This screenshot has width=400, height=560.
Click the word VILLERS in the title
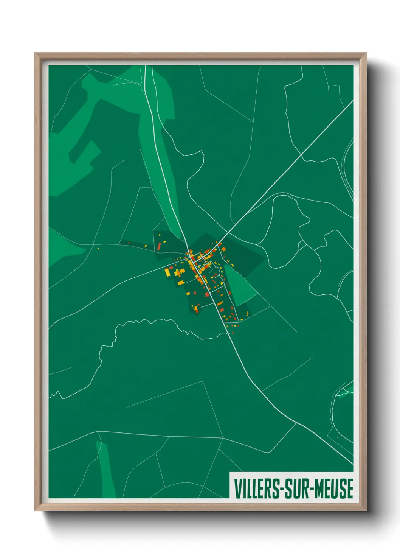pyautogui.click(x=256, y=488)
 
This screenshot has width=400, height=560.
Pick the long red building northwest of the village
pyautogui.click(x=159, y=246)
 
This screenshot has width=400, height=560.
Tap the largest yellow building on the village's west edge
pyautogui.click(x=167, y=272)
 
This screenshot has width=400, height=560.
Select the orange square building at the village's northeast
pyautogui.click(x=224, y=249)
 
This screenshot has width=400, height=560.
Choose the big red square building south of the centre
pyautogui.click(x=207, y=294)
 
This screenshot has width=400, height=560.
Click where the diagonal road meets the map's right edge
pyautogui.click(x=352, y=101)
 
